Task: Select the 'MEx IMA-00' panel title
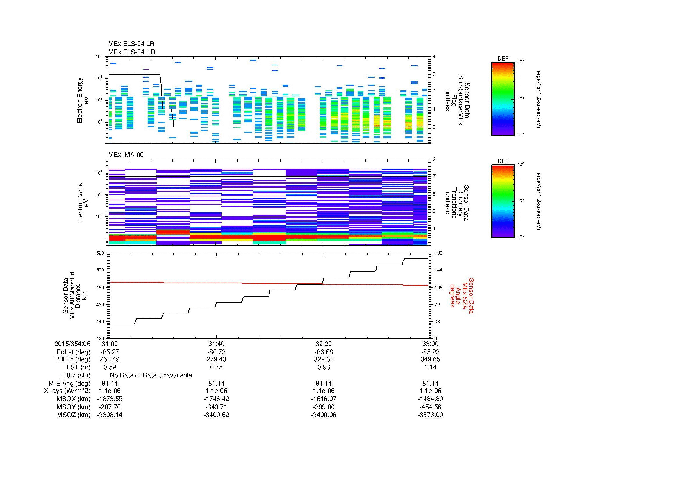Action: point(126,155)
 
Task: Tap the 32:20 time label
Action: point(324,344)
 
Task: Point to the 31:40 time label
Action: point(216,344)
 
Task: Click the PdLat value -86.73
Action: point(216,352)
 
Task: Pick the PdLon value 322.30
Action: point(324,359)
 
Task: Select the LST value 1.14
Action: point(430,367)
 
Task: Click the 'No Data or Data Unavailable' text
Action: point(151,375)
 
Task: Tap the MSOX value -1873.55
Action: point(110,399)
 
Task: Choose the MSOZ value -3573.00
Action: point(430,415)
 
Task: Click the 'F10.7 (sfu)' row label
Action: point(75,375)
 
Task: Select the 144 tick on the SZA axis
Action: point(437,270)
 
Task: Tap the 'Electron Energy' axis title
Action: point(80,100)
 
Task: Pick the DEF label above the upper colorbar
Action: point(503,59)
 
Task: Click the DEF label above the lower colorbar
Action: point(503,161)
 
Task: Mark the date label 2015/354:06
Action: point(72,344)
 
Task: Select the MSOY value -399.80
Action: point(324,407)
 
